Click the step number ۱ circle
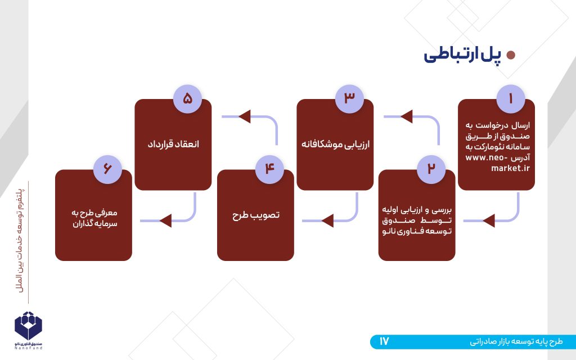point(511,99)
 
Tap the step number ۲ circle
point(431,169)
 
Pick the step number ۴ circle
point(269,169)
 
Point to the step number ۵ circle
point(187,99)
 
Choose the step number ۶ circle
point(107,169)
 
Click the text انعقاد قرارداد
point(173,143)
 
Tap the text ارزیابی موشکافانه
point(335,144)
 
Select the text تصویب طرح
point(256,215)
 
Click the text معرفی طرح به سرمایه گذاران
point(94,218)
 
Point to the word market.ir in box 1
point(511,168)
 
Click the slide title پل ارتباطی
point(462,55)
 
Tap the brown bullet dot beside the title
point(511,55)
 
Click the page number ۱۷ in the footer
point(384,341)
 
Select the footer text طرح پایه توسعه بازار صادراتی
point(516,342)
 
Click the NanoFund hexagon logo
point(28,326)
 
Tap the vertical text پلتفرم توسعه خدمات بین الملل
point(21,241)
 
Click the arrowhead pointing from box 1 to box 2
point(489,220)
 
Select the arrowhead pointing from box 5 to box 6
point(165,220)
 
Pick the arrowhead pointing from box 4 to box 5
point(245,116)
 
